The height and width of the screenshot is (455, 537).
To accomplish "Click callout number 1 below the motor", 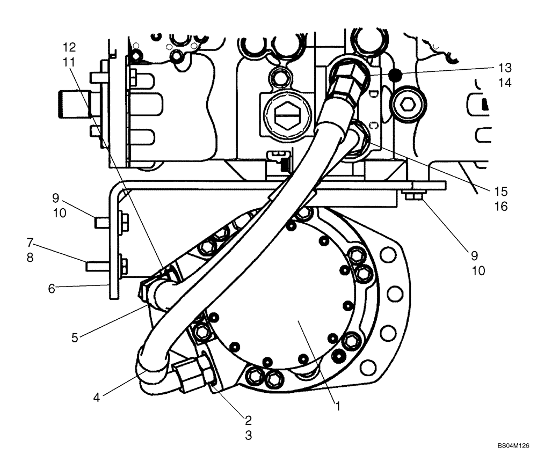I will click(x=338, y=407).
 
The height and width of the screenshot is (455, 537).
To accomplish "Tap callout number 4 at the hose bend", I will click(x=97, y=398).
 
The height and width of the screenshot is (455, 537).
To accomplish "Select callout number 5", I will click(x=76, y=337).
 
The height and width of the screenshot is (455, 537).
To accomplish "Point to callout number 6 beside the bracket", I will click(x=52, y=288).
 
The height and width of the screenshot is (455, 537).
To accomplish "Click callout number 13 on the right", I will click(x=504, y=68).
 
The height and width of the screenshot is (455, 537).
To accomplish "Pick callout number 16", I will click(x=500, y=207).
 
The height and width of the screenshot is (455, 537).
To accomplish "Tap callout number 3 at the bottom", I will click(x=248, y=436).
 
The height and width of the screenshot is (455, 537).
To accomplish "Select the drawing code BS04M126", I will click(x=513, y=445).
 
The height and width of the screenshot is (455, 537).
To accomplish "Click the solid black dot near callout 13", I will click(x=396, y=75).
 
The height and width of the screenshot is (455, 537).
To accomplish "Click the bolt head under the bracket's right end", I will click(x=412, y=197).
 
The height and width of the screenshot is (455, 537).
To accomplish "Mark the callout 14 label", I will click(x=504, y=83).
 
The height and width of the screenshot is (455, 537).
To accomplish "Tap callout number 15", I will click(x=500, y=192).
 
